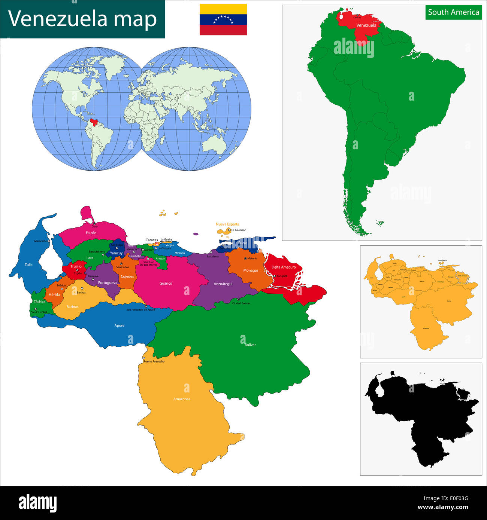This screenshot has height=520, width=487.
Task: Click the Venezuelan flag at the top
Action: tap(223, 19)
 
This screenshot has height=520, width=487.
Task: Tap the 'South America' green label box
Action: tap(453, 12)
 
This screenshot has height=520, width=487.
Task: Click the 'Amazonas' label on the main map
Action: tap(182, 399)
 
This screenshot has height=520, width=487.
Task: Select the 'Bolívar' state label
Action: tap(250, 345)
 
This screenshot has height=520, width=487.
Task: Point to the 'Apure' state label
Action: tap(119, 325)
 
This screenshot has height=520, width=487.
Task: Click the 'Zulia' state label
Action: tap(28, 265)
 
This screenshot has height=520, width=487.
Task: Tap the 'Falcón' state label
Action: tap(91, 233)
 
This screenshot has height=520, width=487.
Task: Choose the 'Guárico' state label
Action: tap(166, 284)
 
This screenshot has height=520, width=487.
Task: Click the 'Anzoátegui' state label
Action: tap(223, 284)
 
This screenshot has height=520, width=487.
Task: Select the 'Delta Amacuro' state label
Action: tap(284, 267)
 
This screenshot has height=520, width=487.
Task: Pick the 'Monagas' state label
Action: tap(251, 270)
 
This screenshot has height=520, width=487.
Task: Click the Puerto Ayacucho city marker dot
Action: tap(143, 358)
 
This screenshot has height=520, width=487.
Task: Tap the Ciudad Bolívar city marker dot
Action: tap(238, 300)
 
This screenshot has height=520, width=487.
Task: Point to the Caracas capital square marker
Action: tap(157, 244)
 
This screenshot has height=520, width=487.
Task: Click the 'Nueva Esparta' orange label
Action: tap(227, 224)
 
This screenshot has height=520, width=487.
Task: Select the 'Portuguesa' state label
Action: tap(107, 283)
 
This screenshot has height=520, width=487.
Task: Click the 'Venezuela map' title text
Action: tap(82, 19)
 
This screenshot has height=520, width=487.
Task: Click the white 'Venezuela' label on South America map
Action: tap(366, 25)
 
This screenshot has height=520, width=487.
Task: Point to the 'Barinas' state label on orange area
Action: tap(72, 307)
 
